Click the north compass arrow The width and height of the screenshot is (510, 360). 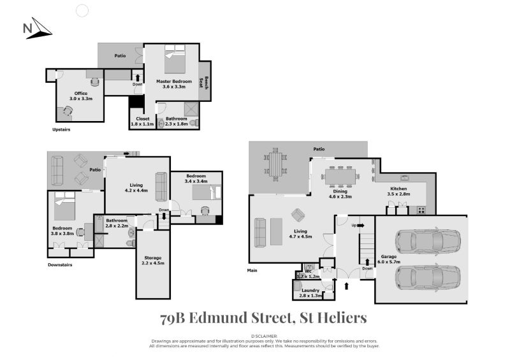(x=38, y=29)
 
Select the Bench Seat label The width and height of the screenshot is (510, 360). (x=205, y=81)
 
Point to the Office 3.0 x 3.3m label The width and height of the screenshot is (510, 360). (x=81, y=96)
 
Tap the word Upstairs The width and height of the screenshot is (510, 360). (x=61, y=129)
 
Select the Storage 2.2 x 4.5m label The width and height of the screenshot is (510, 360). (x=152, y=261)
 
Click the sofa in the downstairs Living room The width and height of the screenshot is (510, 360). (x=161, y=186)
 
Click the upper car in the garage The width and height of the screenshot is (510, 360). (x=427, y=241)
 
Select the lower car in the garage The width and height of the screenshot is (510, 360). (x=427, y=277)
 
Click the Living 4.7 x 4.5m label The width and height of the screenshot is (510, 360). (x=301, y=234)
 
